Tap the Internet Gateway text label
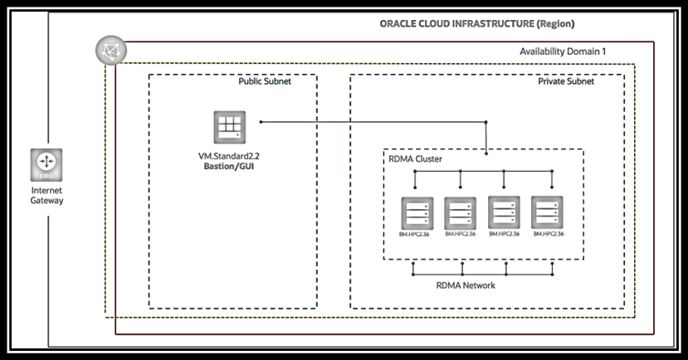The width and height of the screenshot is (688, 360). [46, 196]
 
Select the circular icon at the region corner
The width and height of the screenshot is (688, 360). [107, 51]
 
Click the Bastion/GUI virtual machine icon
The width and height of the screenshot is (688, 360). [228, 128]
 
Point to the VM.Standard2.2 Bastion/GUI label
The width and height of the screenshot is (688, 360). [228, 161]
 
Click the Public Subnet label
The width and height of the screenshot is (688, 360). [265, 82]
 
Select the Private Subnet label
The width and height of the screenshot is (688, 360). [566, 82]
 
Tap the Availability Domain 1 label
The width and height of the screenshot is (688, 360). [563, 51]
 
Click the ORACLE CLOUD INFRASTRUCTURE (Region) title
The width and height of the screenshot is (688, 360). [477, 23]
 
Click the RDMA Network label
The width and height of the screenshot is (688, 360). [466, 286]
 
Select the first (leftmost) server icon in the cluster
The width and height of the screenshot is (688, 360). [416, 213]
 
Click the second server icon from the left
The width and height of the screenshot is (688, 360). [460, 213]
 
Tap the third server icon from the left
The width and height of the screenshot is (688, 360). [504, 213]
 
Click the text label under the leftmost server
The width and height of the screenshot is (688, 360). [416, 235]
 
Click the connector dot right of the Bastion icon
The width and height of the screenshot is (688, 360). [261, 122]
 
